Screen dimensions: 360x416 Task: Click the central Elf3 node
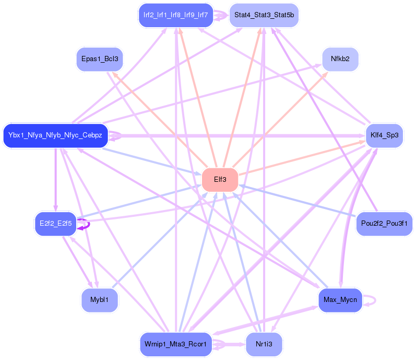point(220,180)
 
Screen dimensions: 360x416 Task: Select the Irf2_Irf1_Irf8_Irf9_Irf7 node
point(175,15)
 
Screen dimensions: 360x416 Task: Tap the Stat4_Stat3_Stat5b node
point(264,15)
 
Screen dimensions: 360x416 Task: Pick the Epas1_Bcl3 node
point(99,59)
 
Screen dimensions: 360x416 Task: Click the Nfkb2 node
point(340,59)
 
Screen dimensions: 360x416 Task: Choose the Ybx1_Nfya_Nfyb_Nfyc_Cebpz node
point(55,135)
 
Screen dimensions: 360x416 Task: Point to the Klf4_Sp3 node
point(385,135)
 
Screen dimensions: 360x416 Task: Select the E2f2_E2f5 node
point(55,224)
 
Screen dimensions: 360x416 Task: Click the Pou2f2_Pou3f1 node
point(384,224)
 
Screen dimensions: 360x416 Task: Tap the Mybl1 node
point(99,300)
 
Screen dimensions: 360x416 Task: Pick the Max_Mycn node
point(340,300)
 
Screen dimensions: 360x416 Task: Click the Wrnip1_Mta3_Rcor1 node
point(175,344)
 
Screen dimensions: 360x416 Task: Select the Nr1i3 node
point(264,344)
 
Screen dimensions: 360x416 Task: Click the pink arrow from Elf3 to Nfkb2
point(282,118)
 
